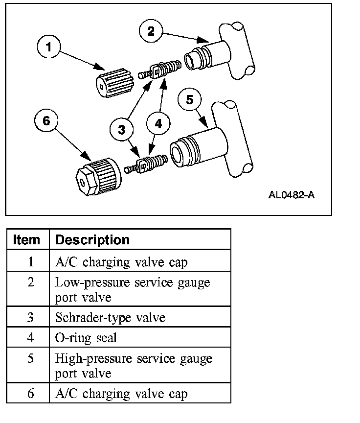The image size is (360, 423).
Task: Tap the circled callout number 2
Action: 151,31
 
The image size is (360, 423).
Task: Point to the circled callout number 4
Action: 158,124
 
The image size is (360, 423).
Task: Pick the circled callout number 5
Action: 190,99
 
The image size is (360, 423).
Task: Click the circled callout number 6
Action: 46,120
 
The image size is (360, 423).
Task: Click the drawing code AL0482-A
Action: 291,194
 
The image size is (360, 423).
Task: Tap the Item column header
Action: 27,240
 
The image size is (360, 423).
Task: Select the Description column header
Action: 92,240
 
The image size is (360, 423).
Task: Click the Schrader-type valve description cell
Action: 111,317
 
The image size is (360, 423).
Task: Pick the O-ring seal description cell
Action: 86,338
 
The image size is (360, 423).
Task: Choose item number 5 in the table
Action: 30,358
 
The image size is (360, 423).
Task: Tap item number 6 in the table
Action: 30,393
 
